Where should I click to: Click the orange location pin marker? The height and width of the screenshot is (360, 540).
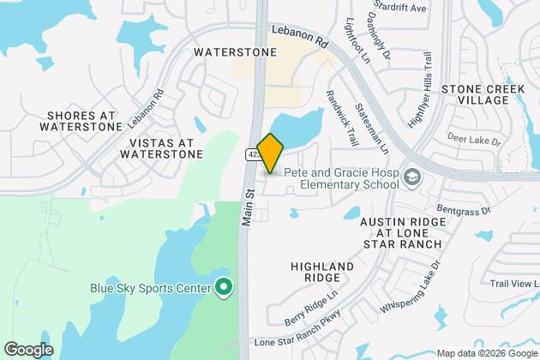coord(269,153)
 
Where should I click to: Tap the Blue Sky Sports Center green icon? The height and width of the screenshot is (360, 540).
coord(224,288)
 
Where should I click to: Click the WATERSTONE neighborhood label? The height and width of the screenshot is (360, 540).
coord(235,52)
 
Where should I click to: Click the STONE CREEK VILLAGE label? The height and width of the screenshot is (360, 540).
coord(487,94)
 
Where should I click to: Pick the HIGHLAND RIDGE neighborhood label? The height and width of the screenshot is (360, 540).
coord(321,273)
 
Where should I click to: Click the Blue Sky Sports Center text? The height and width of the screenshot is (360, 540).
coord(151,288)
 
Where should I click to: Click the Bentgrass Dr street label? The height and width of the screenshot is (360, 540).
coord(462,209)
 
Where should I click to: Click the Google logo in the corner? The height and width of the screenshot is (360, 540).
coord(28,349)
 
